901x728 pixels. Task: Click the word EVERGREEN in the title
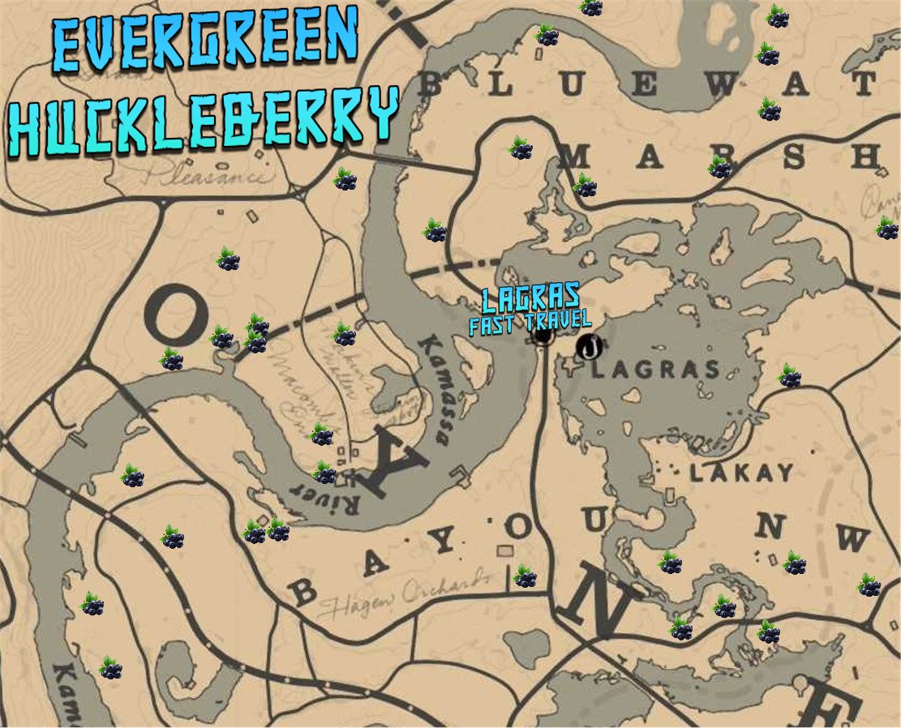(204, 41)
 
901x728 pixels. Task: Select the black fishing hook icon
(591, 347)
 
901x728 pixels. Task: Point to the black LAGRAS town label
(655, 370)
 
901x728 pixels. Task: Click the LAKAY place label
(740, 473)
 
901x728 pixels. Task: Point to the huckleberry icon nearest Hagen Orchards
(525, 576)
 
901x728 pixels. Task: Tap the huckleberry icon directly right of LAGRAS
(789, 375)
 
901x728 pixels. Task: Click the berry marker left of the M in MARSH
(521, 148)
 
